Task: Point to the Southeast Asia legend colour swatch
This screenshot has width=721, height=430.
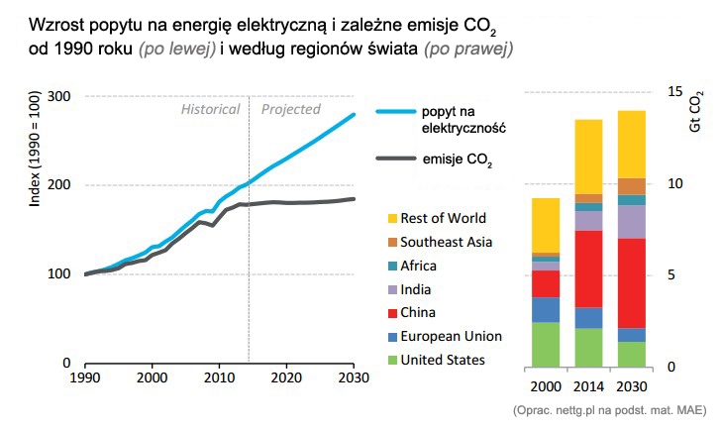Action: tap(393, 242)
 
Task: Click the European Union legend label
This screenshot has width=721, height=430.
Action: tap(451, 337)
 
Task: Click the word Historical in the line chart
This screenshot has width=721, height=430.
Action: tap(210, 109)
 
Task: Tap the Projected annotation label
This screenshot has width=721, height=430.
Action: tap(290, 109)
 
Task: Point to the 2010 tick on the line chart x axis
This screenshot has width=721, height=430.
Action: tap(219, 378)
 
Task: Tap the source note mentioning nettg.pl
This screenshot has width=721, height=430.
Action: tap(608, 410)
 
